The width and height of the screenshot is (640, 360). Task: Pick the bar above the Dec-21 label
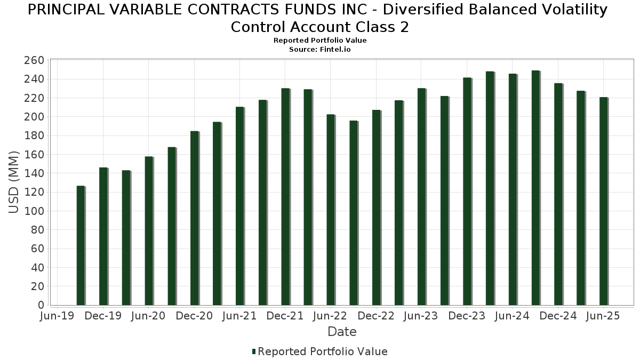(x=285, y=197)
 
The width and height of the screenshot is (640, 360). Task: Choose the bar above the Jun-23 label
(x=421, y=197)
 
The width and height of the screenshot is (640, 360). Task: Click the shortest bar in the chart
(x=81, y=245)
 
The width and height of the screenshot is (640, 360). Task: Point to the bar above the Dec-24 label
(x=558, y=194)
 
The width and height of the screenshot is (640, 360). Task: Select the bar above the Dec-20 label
(x=194, y=218)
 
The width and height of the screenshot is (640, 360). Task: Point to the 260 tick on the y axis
(x=34, y=60)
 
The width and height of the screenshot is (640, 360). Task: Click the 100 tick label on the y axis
(x=34, y=211)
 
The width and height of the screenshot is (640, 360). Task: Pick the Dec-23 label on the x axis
(x=467, y=316)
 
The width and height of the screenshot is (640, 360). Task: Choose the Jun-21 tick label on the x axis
(x=239, y=316)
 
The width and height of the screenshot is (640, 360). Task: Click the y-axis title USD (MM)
(x=14, y=182)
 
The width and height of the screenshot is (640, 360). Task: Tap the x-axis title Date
(x=342, y=332)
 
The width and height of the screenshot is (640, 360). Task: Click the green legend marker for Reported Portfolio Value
(x=254, y=351)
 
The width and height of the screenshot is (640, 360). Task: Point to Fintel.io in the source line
(x=335, y=50)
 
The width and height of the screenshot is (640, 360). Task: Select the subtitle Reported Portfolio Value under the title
(x=320, y=41)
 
